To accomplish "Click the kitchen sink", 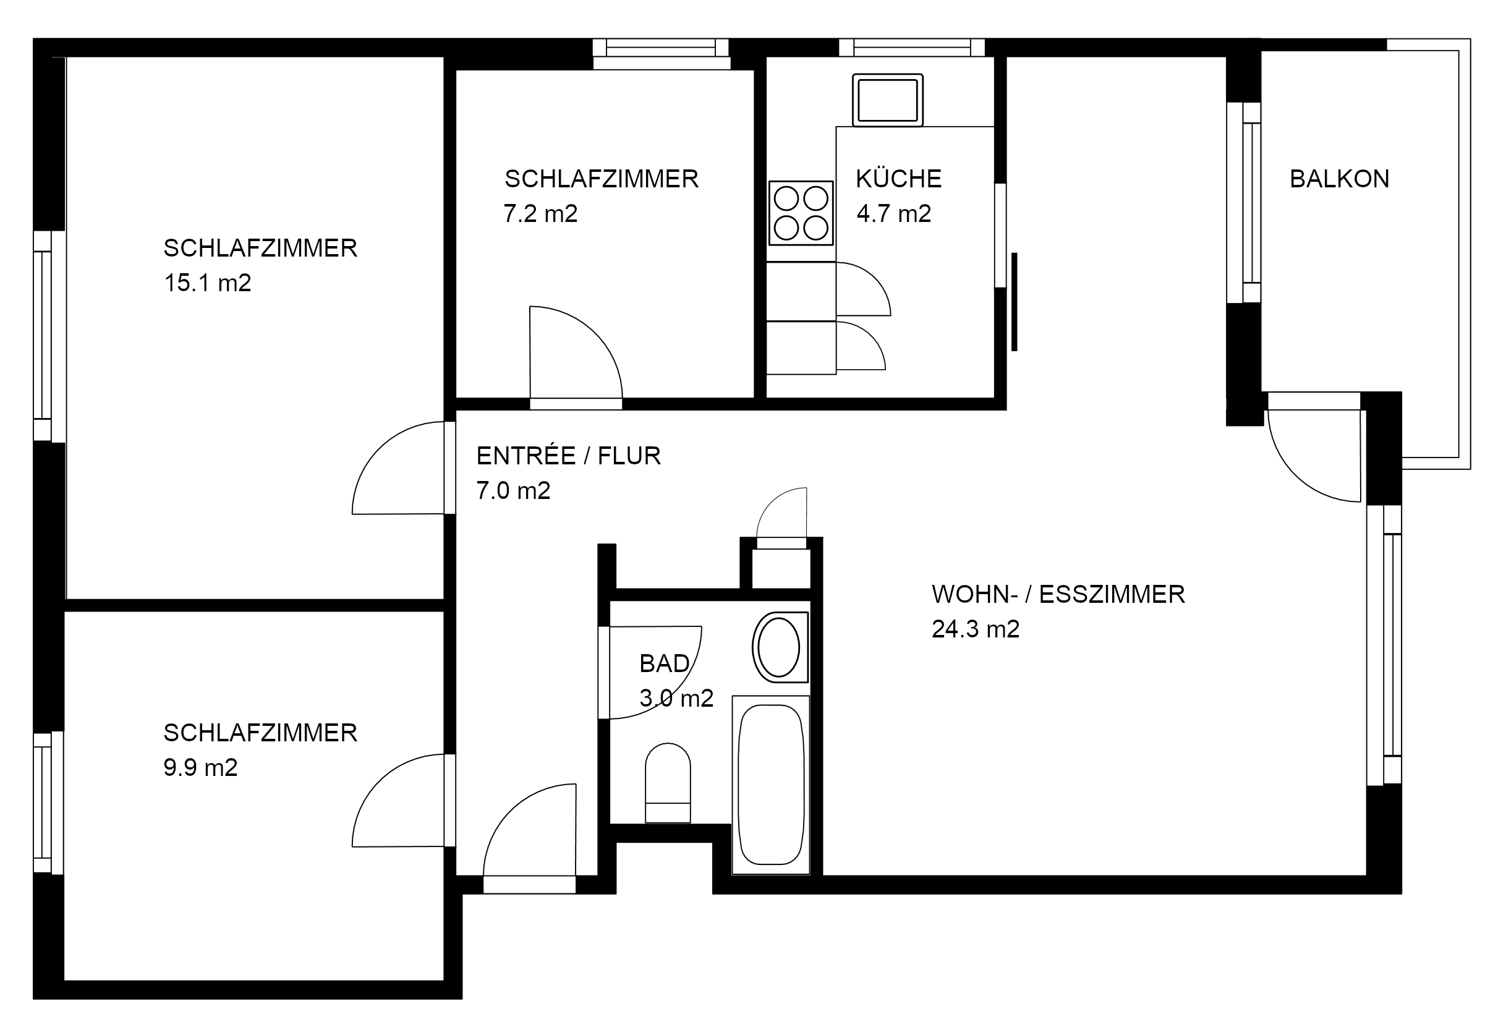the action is tap(888, 100).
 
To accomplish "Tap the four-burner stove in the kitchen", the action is tap(801, 213).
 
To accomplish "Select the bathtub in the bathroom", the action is tap(771, 785).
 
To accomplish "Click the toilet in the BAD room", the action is tap(668, 783).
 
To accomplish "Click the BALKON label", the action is tap(1339, 178).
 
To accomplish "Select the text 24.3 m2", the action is tap(976, 628).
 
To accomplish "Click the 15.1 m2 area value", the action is tap(208, 283).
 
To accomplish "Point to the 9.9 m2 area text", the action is tap(200, 767).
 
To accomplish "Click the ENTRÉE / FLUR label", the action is tap(569, 455).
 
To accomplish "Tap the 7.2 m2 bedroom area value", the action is tap(540, 213).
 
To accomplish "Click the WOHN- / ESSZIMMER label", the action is tap(1058, 594).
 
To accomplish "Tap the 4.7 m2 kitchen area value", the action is tap(893, 213).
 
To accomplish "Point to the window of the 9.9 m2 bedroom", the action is tap(49, 803).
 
